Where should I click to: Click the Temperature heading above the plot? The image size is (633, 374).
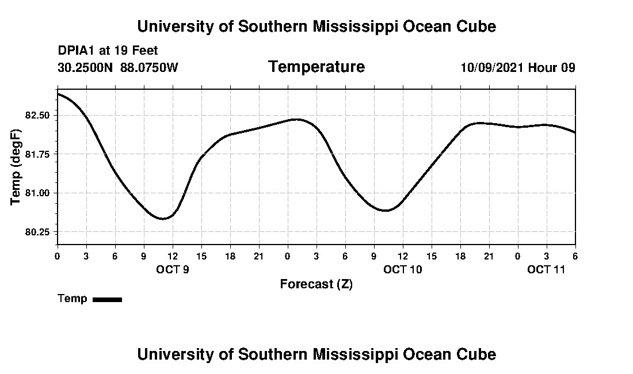pos(316,67)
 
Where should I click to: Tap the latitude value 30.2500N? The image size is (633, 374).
pos(86,67)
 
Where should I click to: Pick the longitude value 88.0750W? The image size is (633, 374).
pos(149,67)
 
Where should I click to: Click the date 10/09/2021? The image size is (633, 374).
pos(492,67)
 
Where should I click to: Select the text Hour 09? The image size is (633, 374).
pos(552,67)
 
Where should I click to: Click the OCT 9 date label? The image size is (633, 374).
pos(173,269)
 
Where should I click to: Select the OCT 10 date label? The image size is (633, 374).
pos(403,269)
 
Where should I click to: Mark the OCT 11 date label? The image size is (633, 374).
pos(546,269)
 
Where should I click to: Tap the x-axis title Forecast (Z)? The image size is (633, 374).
pos(316,284)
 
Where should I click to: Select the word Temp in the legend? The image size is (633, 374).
pos(73,299)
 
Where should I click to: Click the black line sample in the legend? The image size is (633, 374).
pos(107,299)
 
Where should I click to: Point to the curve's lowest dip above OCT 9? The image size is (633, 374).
pos(163,219)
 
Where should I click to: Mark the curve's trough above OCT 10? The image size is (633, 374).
pos(386,211)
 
